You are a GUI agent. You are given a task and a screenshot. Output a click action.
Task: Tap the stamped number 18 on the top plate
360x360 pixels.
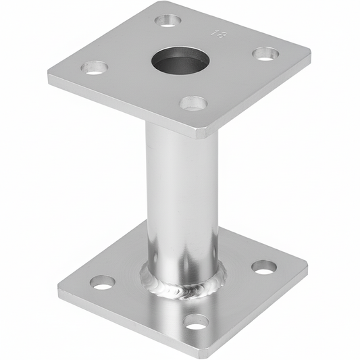(217, 32)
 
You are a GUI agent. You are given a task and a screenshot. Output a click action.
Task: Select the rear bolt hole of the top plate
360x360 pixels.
(168, 20)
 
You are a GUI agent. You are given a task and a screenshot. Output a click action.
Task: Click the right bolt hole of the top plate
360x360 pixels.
(265, 53)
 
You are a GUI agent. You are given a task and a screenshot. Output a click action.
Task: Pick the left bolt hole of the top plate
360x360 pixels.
(95, 68)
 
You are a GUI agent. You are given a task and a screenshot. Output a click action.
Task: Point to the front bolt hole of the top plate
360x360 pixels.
(193, 103)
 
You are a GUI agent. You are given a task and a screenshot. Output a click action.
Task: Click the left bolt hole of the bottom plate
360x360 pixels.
(103, 282)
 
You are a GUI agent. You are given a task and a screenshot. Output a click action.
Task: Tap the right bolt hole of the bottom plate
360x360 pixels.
(263, 267)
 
